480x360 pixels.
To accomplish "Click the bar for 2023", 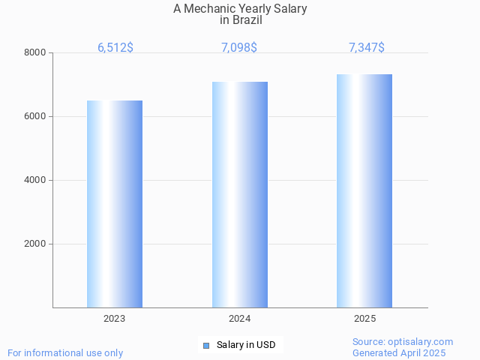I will pyautogui.click(x=115, y=204).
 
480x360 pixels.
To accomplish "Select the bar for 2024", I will pyautogui.click(x=240, y=194).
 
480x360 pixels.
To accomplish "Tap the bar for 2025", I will pyautogui.click(x=364, y=190).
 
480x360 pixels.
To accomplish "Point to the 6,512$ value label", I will pyautogui.click(x=115, y=47).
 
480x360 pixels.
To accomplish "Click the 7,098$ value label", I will pyautogui.click(x=239, y=47).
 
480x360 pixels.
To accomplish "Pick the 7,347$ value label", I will pyautogui.click(x=367, y=47).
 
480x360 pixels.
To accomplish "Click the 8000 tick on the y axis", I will pyautogui.click(x=35, y=52).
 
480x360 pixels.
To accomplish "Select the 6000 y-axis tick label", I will pyautogui.click(x=35, y=116).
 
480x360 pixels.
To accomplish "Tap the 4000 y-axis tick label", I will pyautogui.click(x=35, y=180).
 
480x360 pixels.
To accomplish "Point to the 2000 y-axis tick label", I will pyautogui.click(x=35, y=244).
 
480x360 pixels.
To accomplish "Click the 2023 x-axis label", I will pyautogui.click(x=115, y=319).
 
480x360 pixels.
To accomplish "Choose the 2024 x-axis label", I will pyautogui.click(x=240, y=319).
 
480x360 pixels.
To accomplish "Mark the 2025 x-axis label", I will pyautogui.click(x=365, y=319).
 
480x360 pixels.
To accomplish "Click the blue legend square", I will pyautogui.click(x=206, y=345).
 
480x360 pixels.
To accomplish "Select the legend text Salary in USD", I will pyautogui.click(x=246, y=345).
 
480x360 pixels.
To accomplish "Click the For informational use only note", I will pyautogui.click(x=65, y=352).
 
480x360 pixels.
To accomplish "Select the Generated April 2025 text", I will pyautogui.click(x=399, y=352).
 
